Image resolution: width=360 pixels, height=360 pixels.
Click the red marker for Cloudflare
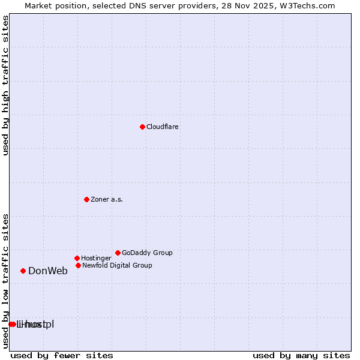coord(142,127)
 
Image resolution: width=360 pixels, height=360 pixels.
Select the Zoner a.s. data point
coord(86,199)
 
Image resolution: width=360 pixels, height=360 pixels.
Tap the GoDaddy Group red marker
coord(118,253)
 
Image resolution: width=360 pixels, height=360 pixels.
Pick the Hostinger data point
coord(77,258)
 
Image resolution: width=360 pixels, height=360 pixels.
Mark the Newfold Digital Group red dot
coord(78,265)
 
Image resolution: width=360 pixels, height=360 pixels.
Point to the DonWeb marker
coord(23,271)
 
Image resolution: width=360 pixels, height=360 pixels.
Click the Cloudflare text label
coord(163,127)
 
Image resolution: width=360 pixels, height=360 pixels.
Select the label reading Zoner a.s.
coord(107,200)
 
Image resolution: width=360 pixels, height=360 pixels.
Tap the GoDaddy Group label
coord(147,253)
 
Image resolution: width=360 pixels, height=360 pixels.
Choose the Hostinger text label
coord(96,259)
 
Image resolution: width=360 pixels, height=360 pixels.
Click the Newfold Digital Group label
coord(117,265)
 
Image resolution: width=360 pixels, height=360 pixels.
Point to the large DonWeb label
coord(48,271)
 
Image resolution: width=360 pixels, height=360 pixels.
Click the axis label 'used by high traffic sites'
coord(5,85)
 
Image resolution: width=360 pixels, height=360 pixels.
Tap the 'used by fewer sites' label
coord(62,355)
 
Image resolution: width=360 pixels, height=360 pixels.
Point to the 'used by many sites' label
coord(301,355)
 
